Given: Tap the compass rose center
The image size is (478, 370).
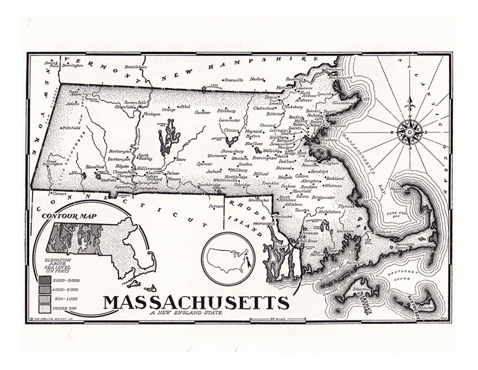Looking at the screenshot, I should pyautogui.click(x=409, y=132).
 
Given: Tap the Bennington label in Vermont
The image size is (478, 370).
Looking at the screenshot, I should pyautogui.click(x=73, y=66).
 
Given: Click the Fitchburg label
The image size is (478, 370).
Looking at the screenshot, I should pyautogui.click(x=226, y=111).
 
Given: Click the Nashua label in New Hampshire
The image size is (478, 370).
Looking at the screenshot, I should pyautogui.click(x=256, y=79).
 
